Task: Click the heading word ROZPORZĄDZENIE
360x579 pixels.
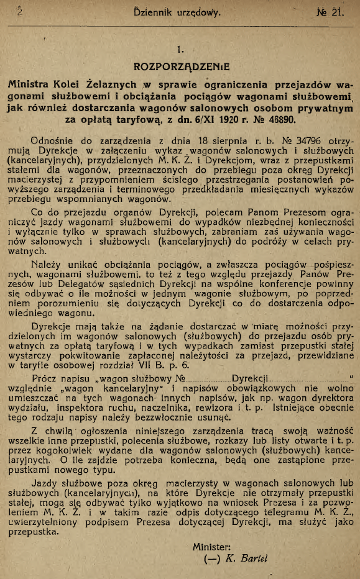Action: tap(180, 65)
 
